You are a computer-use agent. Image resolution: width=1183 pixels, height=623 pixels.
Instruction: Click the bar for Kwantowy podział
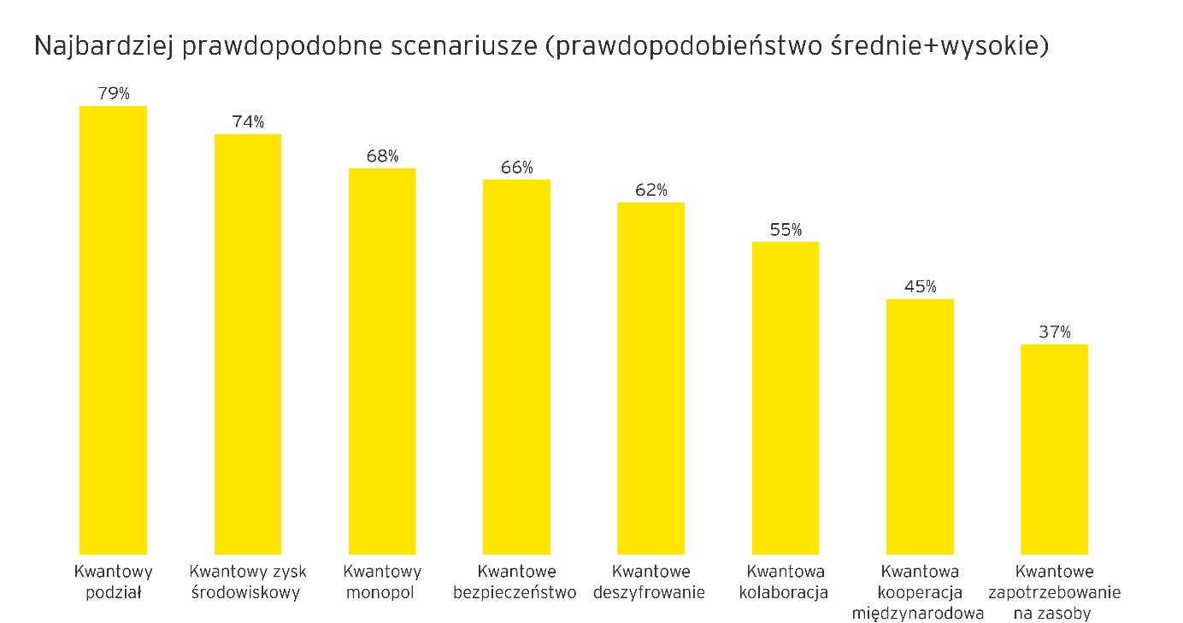(x=113, y=330)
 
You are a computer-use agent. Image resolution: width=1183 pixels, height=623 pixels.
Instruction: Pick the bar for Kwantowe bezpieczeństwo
(x=516, y=367)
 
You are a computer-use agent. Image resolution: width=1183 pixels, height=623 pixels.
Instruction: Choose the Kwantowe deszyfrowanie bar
(x=650, y=378)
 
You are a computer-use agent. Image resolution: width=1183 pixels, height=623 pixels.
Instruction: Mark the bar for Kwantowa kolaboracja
(x=786, y=397)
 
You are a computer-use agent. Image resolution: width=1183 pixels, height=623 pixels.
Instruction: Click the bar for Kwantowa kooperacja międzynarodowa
(x=920, y=426)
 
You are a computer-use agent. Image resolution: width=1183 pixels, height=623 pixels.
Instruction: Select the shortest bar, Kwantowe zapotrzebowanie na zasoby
(x=1054, y=449)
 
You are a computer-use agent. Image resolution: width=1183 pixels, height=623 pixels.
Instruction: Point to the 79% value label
(x=113, y=94)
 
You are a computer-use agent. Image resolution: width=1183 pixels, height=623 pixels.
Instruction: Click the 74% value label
(x=248, y=122)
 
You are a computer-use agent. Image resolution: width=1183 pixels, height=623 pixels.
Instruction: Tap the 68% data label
(x=382, y=156)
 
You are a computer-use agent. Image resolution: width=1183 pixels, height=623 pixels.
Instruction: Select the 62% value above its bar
(x=650, y=191)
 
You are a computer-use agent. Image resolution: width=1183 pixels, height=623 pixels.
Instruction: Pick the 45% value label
(x=920, y=287)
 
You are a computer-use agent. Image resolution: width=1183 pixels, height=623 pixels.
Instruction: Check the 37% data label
(x=1054, y=332)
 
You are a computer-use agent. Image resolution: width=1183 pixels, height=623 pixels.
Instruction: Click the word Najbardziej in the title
(x=103, y=48)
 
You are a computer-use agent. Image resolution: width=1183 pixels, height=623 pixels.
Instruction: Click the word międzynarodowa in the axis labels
(x=918, y=613)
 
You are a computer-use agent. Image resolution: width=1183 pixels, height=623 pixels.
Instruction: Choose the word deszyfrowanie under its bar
(x=650, y=592)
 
